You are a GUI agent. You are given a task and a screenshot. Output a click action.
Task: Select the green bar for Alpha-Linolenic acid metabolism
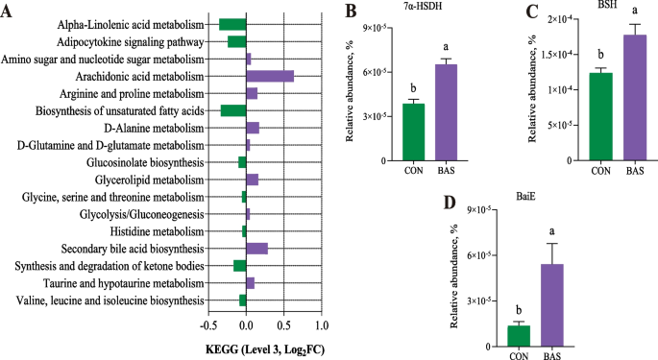click(x=232, y=24)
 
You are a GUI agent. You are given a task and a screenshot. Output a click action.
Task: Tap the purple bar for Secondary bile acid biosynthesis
click(x=256, y=249)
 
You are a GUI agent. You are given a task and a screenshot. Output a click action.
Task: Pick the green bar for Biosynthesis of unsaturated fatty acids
click(x=233, y=110)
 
